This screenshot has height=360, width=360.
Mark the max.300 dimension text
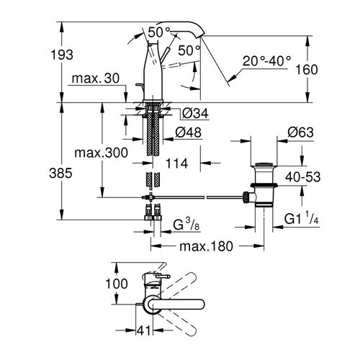coord(102,154)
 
